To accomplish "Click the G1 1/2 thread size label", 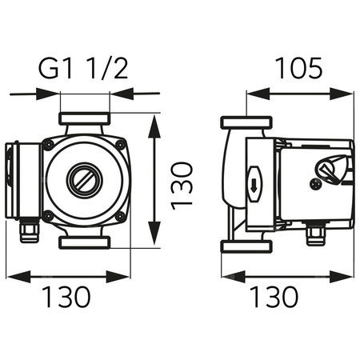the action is [84, 68].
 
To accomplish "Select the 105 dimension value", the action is [300, 68].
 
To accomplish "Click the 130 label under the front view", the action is [66, 297].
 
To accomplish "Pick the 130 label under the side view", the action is [274, 297].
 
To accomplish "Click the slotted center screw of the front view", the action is [84, 179].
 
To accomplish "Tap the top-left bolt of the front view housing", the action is [49, 144].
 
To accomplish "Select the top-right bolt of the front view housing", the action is [120, 144].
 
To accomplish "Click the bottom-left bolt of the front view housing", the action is [49, 215].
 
